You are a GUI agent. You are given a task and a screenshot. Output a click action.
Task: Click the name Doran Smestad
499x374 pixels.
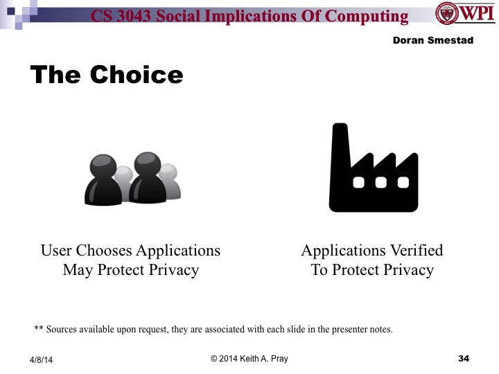(432, 41)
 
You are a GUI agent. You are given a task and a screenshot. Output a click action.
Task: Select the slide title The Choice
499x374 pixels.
(106, 74)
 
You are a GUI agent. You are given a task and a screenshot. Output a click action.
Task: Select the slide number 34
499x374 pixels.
(464, 358)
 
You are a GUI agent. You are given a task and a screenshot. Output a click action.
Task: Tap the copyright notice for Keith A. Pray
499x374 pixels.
(249, 358)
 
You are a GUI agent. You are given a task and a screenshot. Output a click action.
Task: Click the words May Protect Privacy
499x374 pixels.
(130, 270)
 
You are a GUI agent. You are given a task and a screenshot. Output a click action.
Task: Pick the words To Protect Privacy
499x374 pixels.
(372, 270)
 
